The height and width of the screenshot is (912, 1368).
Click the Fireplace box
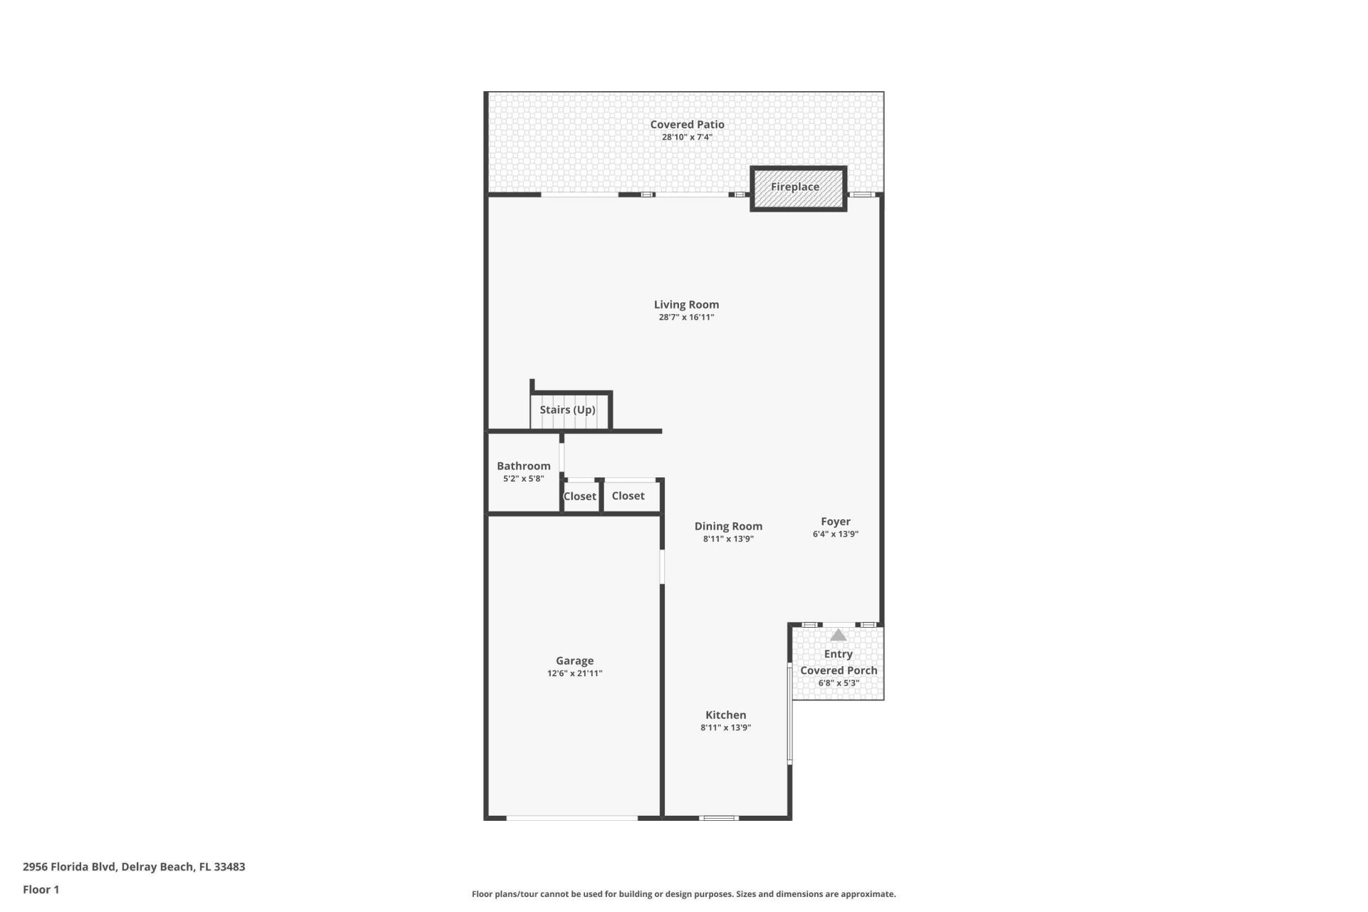point(798,188)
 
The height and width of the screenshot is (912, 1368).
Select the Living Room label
point(686,305)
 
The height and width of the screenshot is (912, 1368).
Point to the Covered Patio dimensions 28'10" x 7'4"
point(687,138)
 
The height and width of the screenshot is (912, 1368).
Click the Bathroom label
point(524,466)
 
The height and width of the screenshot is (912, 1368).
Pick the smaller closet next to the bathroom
point(580,497)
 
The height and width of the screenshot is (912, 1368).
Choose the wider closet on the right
point(628,496)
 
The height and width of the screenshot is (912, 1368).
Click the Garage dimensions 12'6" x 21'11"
point(574,673)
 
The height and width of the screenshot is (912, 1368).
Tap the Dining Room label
point(728,527)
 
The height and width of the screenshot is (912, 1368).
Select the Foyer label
point(835,522)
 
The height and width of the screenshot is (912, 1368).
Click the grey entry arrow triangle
point(839,635)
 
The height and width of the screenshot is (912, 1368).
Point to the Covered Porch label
point(839,670)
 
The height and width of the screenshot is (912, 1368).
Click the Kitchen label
point(725,715)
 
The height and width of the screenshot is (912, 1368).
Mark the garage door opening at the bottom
point(572,818)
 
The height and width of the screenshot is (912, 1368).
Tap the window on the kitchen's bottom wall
point(718,818)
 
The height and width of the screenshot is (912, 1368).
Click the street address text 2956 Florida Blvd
point(134,867)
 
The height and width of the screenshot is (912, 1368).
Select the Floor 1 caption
point(41,890)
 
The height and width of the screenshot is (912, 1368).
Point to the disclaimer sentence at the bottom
point(683,894)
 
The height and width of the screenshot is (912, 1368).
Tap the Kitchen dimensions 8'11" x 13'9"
point(725,728)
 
